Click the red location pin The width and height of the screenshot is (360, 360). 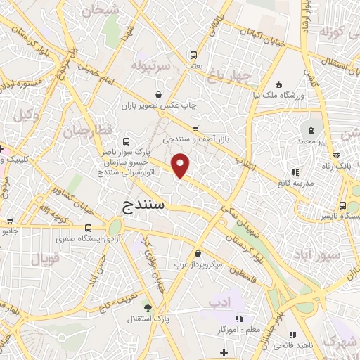pyautogui.click(x=181, y=165)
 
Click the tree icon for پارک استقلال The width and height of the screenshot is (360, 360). pyautogui.click(x=147, y=307)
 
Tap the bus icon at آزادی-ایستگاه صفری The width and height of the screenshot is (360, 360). pyautogui.click(x=88, y=228)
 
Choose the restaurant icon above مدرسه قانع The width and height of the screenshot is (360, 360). pyautogui.click(x=295, y=172)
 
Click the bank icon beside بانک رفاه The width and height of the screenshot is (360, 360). pyautogui.click(x=337, y=155)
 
